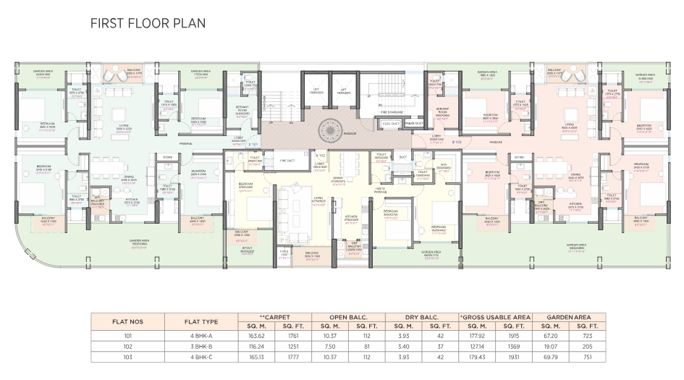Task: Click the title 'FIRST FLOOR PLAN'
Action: point(148,23)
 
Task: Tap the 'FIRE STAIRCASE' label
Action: point(392,111)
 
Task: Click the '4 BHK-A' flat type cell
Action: point(200,336)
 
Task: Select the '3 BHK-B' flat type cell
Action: point(200,346)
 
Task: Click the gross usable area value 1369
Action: point(514,346)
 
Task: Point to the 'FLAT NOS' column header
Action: point(127,321)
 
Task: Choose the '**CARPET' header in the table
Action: point(274,317)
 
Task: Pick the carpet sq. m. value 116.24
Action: point(256,346)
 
